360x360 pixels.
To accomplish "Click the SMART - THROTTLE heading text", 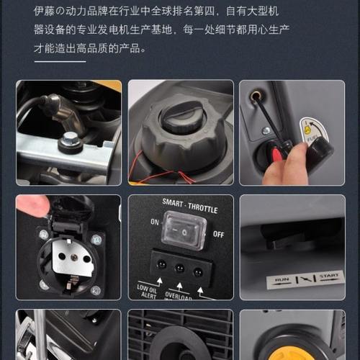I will (181, 204).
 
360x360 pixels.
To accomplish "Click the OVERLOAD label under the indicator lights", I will (180, 294).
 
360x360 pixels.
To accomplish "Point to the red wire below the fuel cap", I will (187, 176).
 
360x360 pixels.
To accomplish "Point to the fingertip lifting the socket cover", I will (30, 207).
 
